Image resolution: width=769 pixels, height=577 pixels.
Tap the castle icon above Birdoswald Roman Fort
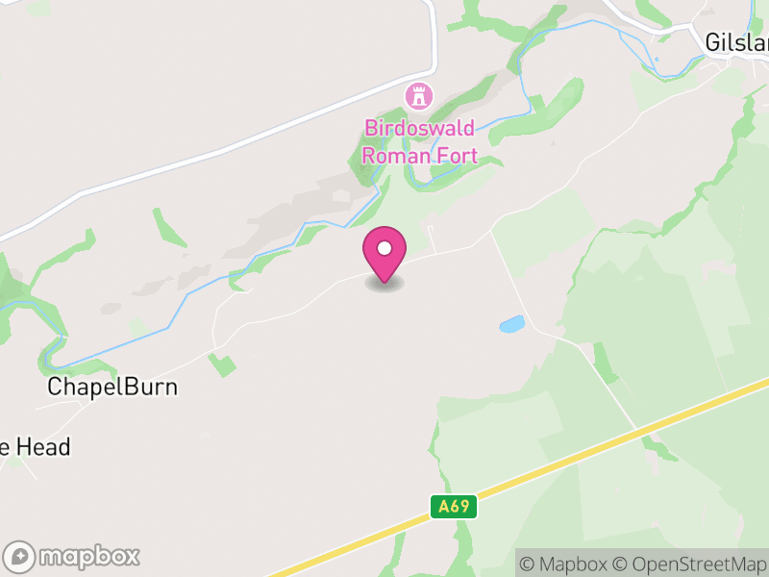click(418, 96)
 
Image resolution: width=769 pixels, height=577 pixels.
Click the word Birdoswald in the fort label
click(419, 129)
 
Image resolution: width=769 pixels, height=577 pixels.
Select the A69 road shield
click(454, 507)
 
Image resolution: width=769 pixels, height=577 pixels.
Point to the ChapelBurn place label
click(113, 388)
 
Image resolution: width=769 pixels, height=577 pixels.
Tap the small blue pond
click(511, 324)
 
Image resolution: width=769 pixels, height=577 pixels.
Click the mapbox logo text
click(88, 556)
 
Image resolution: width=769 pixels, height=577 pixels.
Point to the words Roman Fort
click(418, 154)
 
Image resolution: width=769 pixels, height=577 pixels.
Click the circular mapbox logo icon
click(19, 556)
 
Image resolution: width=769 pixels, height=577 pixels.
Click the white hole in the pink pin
click(384, 248)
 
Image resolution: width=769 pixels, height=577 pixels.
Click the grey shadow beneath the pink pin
click(384, 284)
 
